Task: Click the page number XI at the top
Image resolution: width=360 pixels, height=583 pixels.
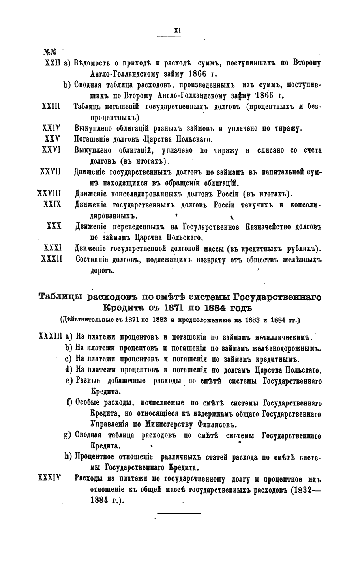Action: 178,30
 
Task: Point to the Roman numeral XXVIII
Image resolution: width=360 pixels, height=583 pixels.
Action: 48,194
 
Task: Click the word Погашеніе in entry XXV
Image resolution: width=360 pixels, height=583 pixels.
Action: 93,139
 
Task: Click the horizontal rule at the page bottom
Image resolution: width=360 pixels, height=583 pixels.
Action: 179,513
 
